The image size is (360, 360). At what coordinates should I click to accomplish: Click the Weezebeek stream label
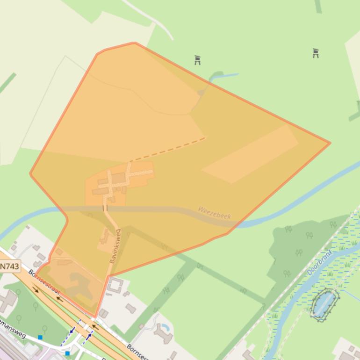pos(214,212)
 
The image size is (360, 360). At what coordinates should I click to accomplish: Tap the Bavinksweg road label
pos(115,245)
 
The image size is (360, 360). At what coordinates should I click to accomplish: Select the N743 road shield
pos(9,266)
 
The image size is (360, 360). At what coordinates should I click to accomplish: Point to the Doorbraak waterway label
pos(320,262)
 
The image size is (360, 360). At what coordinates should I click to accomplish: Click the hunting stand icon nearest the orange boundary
pos(197,60)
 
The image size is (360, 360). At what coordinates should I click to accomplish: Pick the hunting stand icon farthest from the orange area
pos(316,53)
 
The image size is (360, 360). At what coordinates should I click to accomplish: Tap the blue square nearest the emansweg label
pos(40,337)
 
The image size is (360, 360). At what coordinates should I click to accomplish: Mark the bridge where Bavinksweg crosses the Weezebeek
pos(105,208)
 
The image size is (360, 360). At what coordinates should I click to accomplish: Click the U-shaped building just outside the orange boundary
pos(115,285)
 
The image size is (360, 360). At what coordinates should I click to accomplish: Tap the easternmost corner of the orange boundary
pos(330,143)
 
